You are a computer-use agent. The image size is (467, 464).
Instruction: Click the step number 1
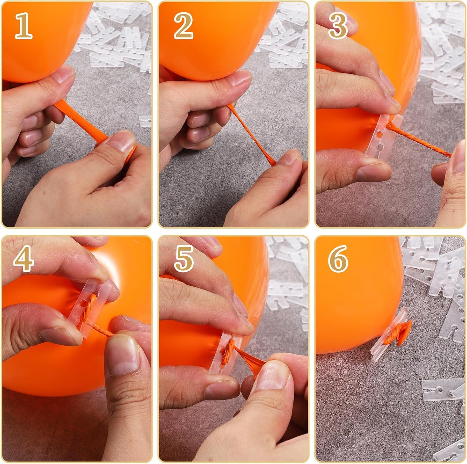click(24, 26)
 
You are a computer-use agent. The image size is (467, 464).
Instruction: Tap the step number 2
click(183, 26)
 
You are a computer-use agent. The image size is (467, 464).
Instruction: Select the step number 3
click(338, 26)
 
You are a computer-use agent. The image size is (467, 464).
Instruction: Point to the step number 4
click(23, 258)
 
